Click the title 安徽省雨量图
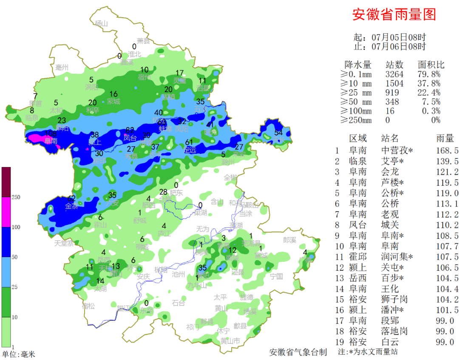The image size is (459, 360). (x=394, y=15)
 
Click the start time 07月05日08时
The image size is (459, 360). (x=398, y=37)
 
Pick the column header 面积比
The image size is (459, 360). (x=431, y=65)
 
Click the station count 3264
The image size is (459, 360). (x=394, y=74)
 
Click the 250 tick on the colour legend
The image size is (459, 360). (x=17, y=197)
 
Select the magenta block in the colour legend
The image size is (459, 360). (x=6, y=212)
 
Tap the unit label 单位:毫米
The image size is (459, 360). (x=19, y=354)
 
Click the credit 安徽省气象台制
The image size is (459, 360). (x=298, y=352)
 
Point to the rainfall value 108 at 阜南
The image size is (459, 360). (x=51, y=133)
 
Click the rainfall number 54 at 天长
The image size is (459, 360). (x=278, y=133)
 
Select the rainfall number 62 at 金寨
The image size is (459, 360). (x=71, y=198)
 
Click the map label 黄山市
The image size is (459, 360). (x=230, y=341)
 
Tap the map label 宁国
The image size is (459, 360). (x=277, y=276)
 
